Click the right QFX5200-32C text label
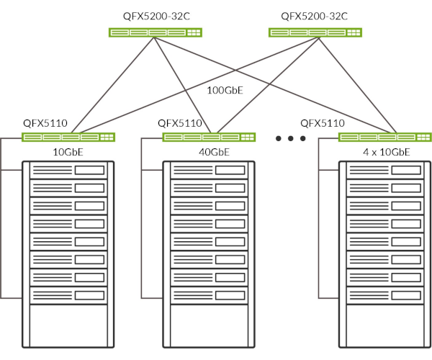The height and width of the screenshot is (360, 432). pyautogui.click(x=314, y=15)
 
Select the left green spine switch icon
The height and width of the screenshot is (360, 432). pyautogui.click(x=155, y=32)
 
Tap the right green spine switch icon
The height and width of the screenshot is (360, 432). pyautogui.click(x=315, y=32)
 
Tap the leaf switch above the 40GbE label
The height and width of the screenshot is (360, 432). pyautogui.click(x=210, y=137)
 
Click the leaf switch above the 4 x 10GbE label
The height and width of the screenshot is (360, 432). pyautogui.click(x=385, y=137)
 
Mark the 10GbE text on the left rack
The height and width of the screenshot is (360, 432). pyautogui.click(x=68, y=152)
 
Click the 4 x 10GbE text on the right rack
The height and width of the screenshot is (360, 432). pyautogui.click(x=385, y=152)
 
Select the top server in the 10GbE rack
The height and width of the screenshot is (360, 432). pyautogui.click(x=68, y=171)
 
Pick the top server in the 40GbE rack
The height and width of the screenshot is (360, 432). pyautogui.click(x=210, y=171)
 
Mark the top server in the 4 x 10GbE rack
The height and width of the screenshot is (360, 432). pyautogui.click(x=385, y=171)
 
